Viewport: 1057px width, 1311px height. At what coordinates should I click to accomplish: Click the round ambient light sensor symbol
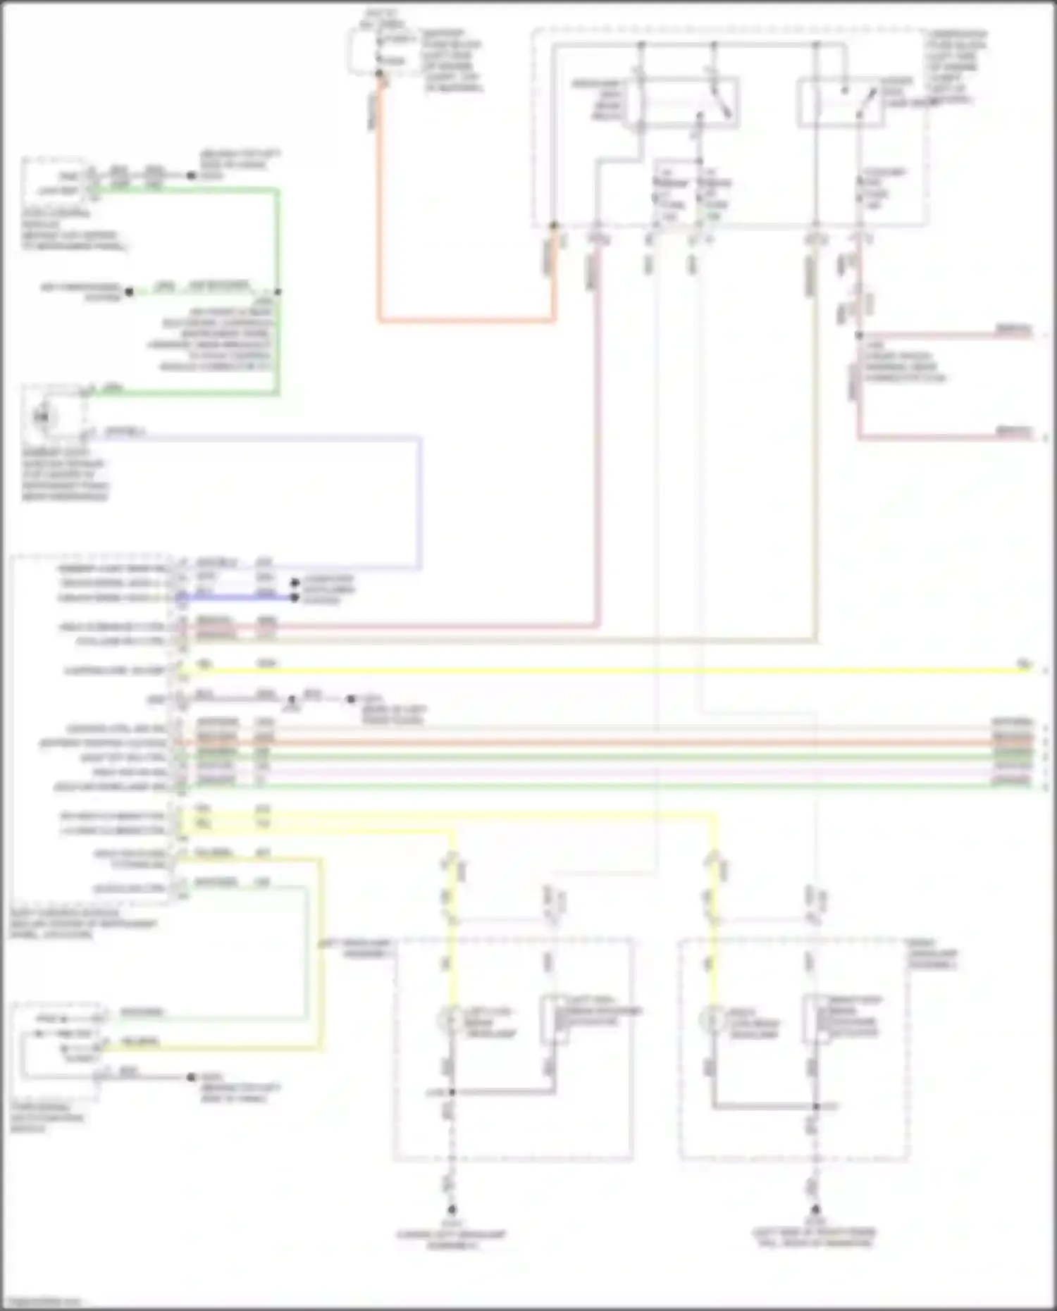coord(42,417)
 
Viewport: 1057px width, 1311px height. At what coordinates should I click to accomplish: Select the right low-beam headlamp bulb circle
coord(713,1019)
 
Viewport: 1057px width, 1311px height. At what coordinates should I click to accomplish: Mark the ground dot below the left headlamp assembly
coord(452,1210)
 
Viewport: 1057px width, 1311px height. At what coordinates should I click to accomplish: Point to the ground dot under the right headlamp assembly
coord(815,1210)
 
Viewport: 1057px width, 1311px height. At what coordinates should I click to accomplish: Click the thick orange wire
coord(465,321)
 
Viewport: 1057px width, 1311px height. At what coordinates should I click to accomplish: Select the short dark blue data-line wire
coord(240,598)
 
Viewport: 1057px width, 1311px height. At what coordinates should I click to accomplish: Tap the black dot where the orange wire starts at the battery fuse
coord(380,74)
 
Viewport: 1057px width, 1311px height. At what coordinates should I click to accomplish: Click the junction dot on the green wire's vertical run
coord(278,292)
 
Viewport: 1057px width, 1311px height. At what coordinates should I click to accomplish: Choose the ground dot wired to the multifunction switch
coord(191,1077)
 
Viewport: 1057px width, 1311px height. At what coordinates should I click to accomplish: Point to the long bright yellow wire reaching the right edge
coord(606,670)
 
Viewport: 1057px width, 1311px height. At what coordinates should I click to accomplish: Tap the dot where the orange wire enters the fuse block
coord(554,226)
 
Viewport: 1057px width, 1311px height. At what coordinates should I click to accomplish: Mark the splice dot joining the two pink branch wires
coord(859,335)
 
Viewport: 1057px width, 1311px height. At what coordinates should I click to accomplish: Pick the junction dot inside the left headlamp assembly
coord(452,1092)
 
